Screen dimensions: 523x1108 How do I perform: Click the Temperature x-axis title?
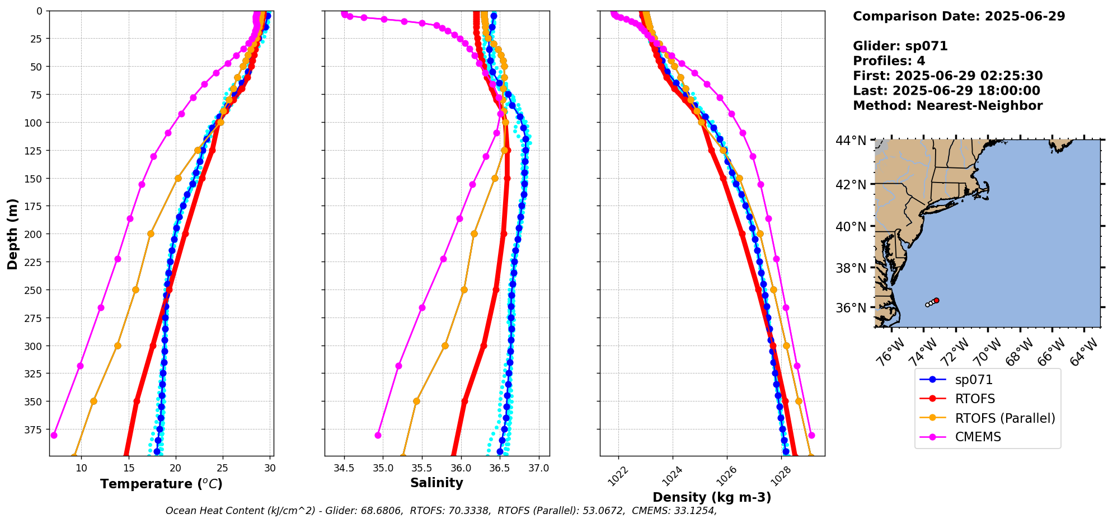(161, 484)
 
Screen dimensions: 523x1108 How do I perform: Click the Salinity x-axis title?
(436, 483)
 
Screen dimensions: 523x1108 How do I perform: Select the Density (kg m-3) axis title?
(712, 497)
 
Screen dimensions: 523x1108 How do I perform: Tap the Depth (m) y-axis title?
(12, 234)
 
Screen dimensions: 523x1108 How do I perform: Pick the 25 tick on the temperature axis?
(223, 468)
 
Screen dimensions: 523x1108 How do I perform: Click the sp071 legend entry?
(974, 380)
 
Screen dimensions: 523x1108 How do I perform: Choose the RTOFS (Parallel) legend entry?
(1004, 418)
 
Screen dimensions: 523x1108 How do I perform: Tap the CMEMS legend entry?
(978, 437)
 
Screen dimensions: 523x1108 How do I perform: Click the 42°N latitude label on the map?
(851, 185)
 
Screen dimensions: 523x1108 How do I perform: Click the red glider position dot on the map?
(936, 301)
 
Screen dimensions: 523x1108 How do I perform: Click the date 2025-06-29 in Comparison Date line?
(1025, 16)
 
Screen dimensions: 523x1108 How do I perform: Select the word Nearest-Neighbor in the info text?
(979, 106)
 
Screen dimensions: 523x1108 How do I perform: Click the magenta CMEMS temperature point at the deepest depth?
(54, 435)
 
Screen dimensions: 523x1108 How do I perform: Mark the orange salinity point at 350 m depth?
(416, 401)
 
